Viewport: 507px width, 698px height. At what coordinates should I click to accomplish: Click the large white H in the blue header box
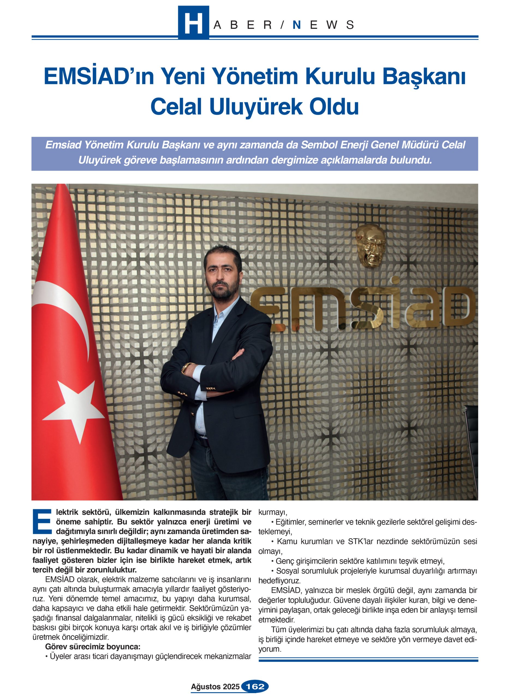coord(193,23)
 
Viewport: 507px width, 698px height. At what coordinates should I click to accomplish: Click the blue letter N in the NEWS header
coord(296,25)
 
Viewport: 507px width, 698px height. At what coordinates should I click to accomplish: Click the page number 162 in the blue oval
coord(255,686)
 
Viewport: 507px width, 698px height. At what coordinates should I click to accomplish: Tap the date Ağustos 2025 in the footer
coord(215,687)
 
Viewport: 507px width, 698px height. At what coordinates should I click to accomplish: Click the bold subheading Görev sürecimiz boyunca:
coord(93,646)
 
